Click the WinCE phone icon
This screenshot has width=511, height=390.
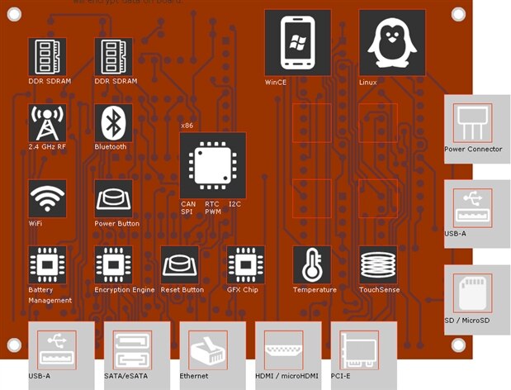[x=297, y=43]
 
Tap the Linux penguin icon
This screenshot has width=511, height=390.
[x=386, y=43]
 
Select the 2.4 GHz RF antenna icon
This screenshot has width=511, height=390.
[x=47, y=123]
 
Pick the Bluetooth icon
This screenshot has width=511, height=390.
[x=113, y=123]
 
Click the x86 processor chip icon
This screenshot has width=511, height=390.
[x=212, y=164]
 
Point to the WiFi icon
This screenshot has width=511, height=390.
[x=47, y=199]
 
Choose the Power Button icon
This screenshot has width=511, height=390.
[x=113, y=199]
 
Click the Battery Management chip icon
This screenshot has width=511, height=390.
[x=47, y=265]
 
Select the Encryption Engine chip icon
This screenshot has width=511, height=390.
[x=113, y=265]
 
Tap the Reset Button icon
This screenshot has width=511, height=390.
[x=179, y=265]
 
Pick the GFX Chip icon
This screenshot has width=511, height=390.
[x=245, y=265]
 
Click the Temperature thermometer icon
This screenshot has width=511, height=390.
[x=311, y=265]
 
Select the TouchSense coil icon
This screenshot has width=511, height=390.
[x=377, y=265]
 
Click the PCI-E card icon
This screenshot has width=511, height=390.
[x=361, y=350]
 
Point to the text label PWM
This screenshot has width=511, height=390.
[x=213, y=212]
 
